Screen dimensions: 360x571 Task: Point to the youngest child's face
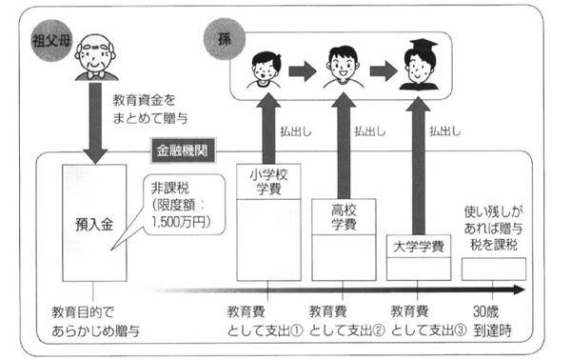pyautogui.click(x=261, y=70)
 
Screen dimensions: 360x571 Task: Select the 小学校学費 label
pyautogui.click(x=266, y=181)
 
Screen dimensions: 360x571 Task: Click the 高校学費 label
pyautogui.click(x=342, y=216)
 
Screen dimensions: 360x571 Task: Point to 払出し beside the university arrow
pyautogui.click(x=448, y=132)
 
